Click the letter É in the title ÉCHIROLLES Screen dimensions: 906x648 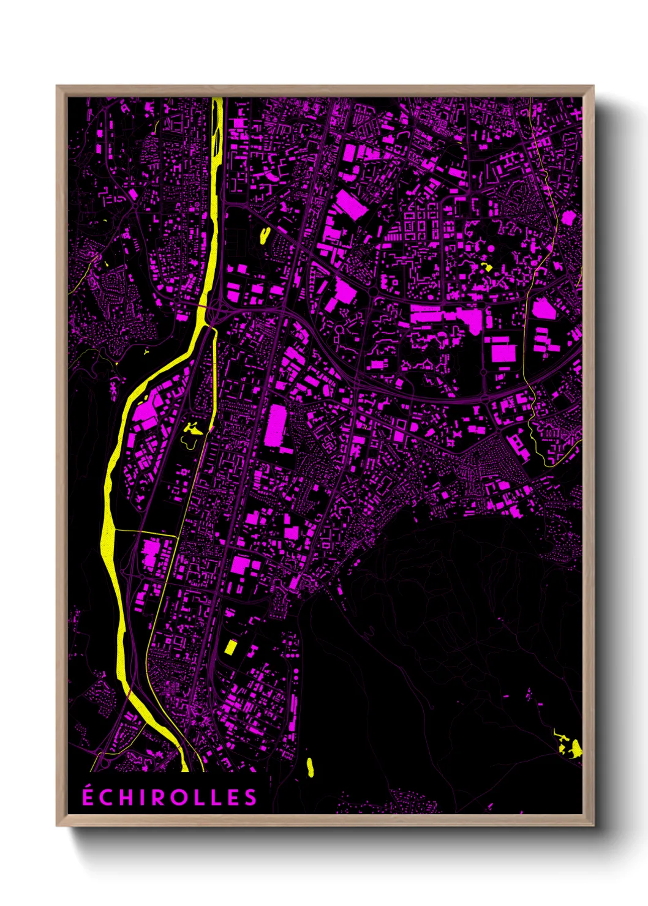click(x=88, y=796)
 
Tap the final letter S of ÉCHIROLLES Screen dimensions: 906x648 click(x=251, y=798)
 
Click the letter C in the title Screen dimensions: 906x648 click(x=106, y=798)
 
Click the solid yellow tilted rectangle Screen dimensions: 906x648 click(x=230, y=647)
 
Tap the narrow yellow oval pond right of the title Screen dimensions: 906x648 click(x=310, y=767)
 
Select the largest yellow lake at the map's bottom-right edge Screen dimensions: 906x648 click(x=576, y=747)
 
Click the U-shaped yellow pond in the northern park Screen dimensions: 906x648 click(x=265, y=235)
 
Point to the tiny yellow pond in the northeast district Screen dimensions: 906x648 click(x=488, y=267)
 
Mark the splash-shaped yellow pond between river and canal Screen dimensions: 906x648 click(x=192, y=430)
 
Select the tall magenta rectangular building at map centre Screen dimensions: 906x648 click(x=277, y=426)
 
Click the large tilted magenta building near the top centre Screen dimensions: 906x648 click(x=351, y=204)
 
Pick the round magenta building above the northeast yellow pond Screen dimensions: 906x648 click(x=490, y=248)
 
